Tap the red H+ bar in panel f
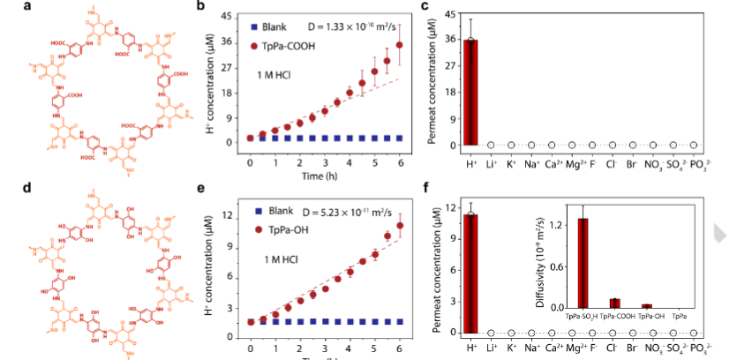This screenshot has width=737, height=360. click(x=472, y=274)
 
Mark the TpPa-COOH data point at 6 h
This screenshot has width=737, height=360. click(x=400, y=45)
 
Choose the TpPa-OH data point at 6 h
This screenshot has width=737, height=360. click(x=400, y=226)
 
